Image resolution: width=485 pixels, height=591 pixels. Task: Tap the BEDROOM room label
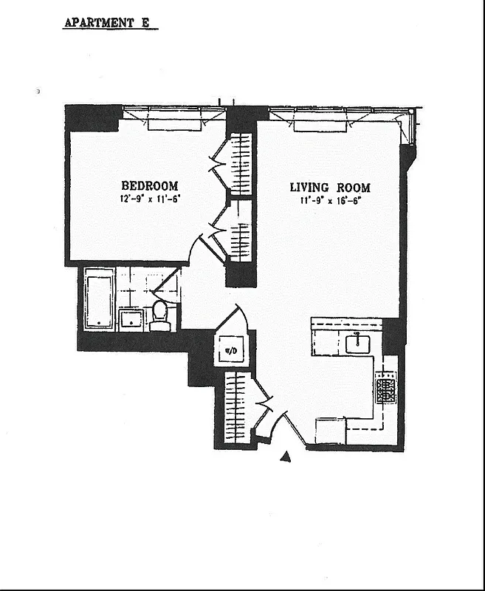pyautogui.click(x=150, y=185)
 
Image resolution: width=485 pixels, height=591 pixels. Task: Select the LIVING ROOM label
pyautogui.click(x=330, y=187)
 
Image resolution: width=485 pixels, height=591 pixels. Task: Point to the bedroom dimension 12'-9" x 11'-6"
pyautogui.click(x=150, y=199)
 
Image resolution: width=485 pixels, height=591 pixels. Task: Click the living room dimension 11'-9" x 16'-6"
pyautogui.click(x=330, y=199)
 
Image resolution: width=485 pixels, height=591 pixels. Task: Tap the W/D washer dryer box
pyautogui.click(x=230, y=349)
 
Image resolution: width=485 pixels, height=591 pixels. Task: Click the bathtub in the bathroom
pyautogui.click(x=99, y=298)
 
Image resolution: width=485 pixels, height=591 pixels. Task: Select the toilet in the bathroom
pyautogui.click(x=160, y=316)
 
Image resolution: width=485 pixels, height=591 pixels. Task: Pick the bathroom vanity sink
pyautogui.click(x=133, y=318)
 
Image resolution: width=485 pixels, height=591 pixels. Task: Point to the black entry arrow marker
pyautogui.click(x=286, y=458)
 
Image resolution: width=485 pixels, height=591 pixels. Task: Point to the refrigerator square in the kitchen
pyautogui.click(x=330, y=431)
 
